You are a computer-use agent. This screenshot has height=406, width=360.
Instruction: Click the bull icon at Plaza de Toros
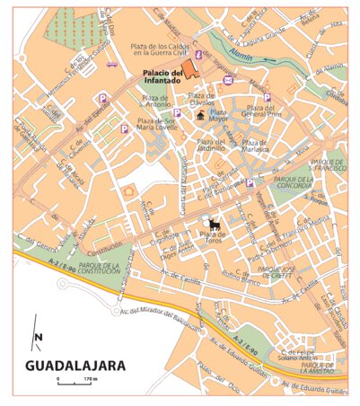tap(215, 225)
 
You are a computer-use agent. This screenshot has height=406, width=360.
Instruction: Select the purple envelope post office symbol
tap(228, 81)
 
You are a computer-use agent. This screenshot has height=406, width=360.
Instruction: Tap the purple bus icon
tap(111, 64)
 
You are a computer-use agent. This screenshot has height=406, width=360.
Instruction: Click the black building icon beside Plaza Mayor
tap(200, 115)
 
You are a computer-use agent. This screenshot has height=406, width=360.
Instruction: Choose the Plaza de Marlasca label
tap(255, 146)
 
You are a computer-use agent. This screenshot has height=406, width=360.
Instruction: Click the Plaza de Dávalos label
tap(209, 100)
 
